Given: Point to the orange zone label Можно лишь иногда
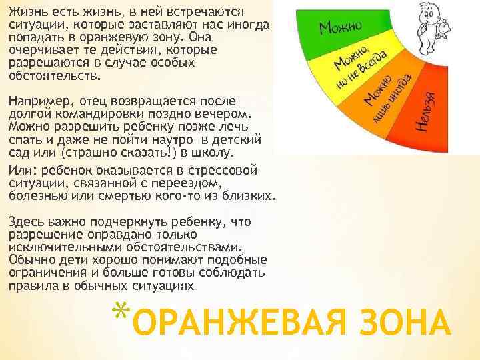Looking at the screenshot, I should tap(387, 97).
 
